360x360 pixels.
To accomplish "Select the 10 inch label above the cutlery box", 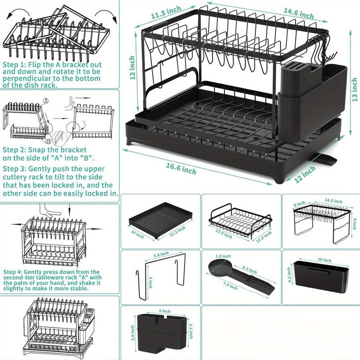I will click(x=324, y=260).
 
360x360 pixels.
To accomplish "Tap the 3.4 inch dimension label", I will click(x=132, y=331).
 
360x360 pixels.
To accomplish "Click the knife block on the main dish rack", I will click(x=293, y=80).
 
